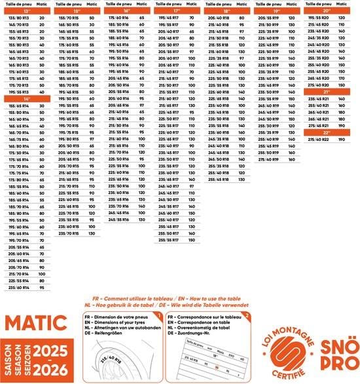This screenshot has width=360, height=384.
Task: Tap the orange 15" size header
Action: coord(77,10)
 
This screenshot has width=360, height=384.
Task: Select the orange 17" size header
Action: coord(177,10)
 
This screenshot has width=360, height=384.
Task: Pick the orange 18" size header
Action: coord(226,10)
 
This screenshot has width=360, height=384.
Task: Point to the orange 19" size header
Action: coord(277,10)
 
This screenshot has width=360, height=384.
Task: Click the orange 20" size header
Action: coord(327,10)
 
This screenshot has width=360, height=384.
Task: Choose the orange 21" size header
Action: coord(327,92)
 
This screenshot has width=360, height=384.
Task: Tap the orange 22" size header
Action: coord(327,132)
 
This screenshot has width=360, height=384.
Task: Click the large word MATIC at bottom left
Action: coord(39,322)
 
